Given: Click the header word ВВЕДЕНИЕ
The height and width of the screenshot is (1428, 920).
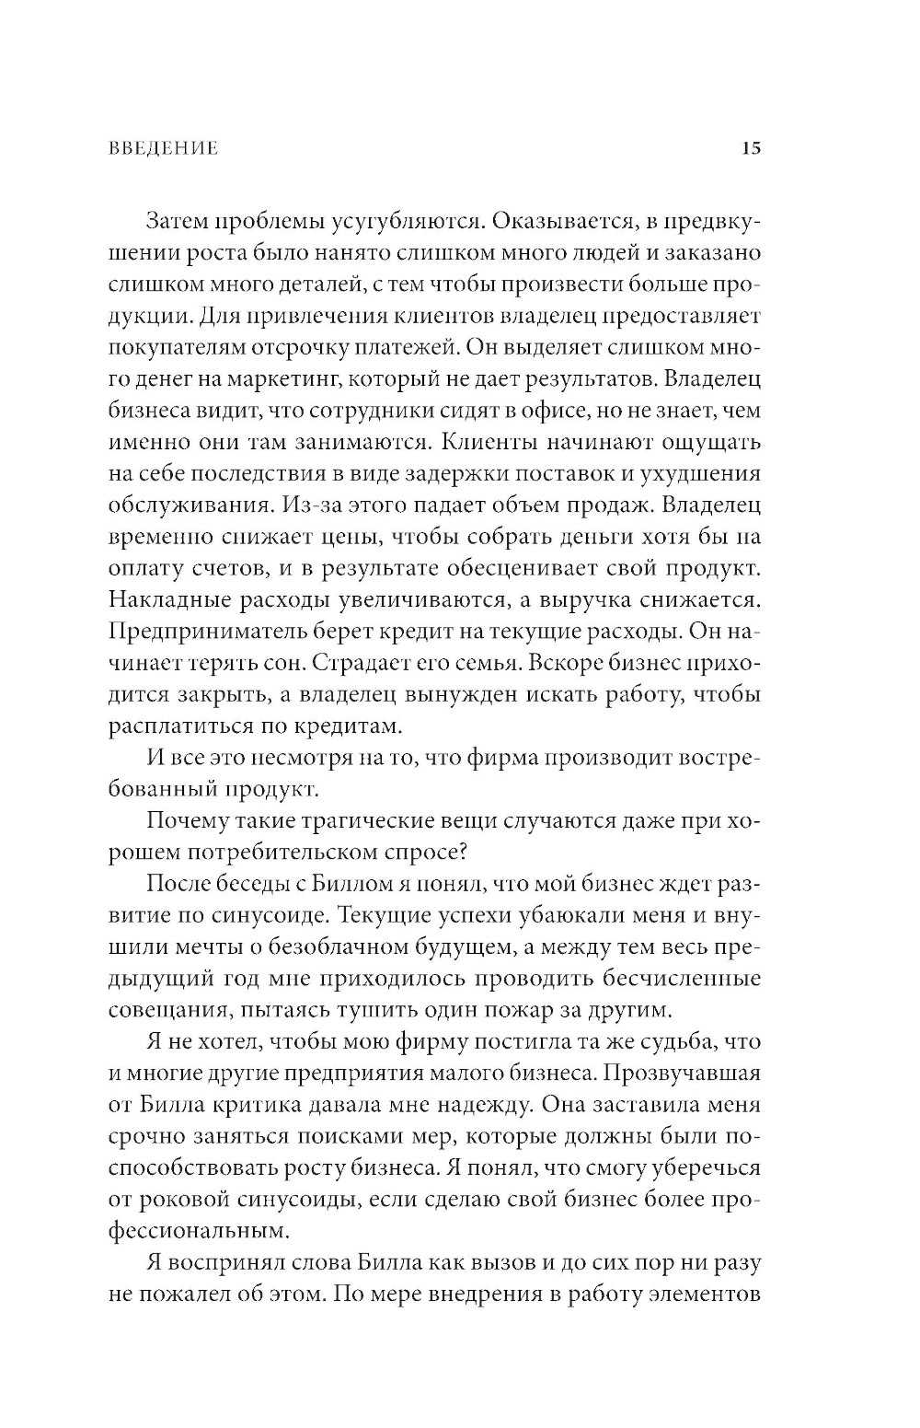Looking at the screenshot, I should [x=163, y=148].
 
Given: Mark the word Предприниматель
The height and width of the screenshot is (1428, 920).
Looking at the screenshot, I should [x=211, y=631].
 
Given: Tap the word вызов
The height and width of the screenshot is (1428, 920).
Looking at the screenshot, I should [x=513, y=1262].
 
